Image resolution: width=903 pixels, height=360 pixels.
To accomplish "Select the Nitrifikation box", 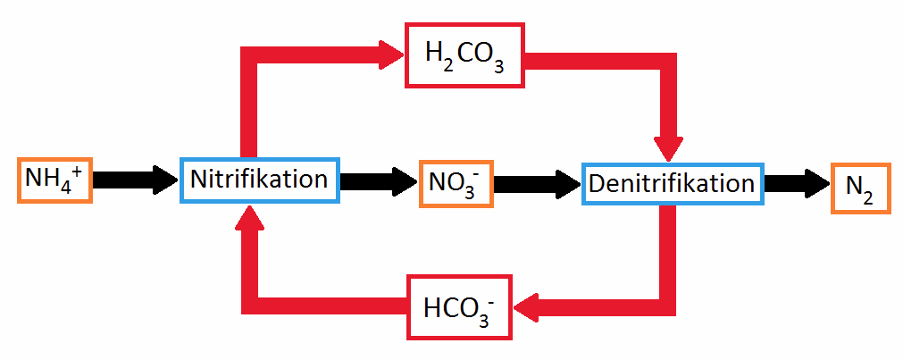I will tap(259, 180).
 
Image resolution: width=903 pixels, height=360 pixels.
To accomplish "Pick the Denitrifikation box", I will tap(673, 185).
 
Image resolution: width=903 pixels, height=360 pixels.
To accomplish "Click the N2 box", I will tap(860, 188).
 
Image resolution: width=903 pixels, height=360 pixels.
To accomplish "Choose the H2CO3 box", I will tap(464, 55).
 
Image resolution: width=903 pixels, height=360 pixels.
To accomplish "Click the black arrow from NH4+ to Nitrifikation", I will tap(135, 180).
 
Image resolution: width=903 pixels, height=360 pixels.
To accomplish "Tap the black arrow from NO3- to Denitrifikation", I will tap(536, 185).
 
